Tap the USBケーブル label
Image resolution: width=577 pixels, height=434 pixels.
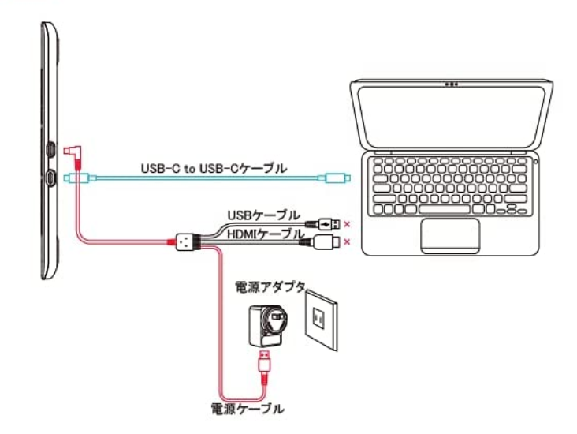(263, 215)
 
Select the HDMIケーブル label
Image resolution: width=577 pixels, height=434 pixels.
(263, 234)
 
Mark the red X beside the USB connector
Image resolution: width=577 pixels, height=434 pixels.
(348, 223)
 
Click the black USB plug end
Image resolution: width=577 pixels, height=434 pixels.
(330, 223)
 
